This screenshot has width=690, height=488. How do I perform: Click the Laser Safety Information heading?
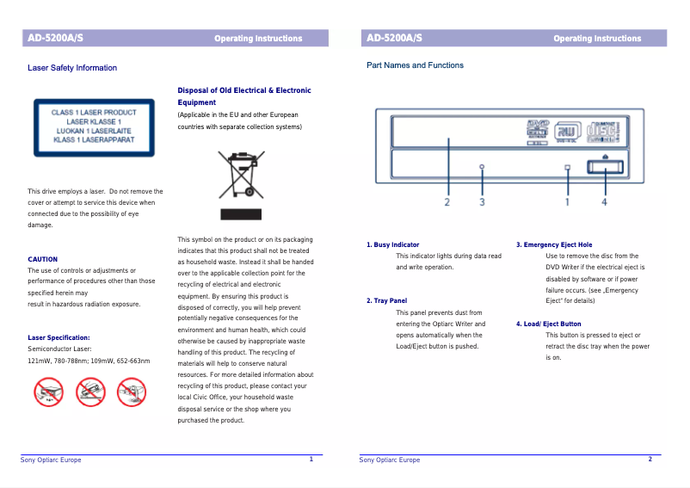(x=72, y=68)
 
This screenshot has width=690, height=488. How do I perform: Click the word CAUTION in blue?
(x=43, y=259)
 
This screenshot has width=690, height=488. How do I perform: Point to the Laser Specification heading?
(x=59, y=338)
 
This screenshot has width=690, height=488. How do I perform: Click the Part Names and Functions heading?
(x=415, y=65)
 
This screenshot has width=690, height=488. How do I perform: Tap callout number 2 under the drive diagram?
(x=447, y=202)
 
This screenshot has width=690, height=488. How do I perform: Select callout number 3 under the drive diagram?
(x=482, y=202)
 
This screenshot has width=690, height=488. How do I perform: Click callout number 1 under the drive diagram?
(x=567, y=202)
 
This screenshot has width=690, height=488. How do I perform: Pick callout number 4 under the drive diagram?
(x=604, y=202)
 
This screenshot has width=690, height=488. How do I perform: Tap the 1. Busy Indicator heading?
(x=393, y=245)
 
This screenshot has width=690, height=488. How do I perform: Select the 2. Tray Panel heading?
(x=386, y=301)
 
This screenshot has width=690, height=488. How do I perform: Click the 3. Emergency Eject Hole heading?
(x=554, y=245)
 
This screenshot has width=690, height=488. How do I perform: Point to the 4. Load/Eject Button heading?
(x=548, y=324)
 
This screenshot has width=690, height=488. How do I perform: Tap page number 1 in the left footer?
(x=311, y=460)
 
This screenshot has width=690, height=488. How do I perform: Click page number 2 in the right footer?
(x=650, y=460)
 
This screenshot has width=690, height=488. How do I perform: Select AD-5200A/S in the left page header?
(x=55, y=38)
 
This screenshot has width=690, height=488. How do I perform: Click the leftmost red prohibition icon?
(x=48, y=393)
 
